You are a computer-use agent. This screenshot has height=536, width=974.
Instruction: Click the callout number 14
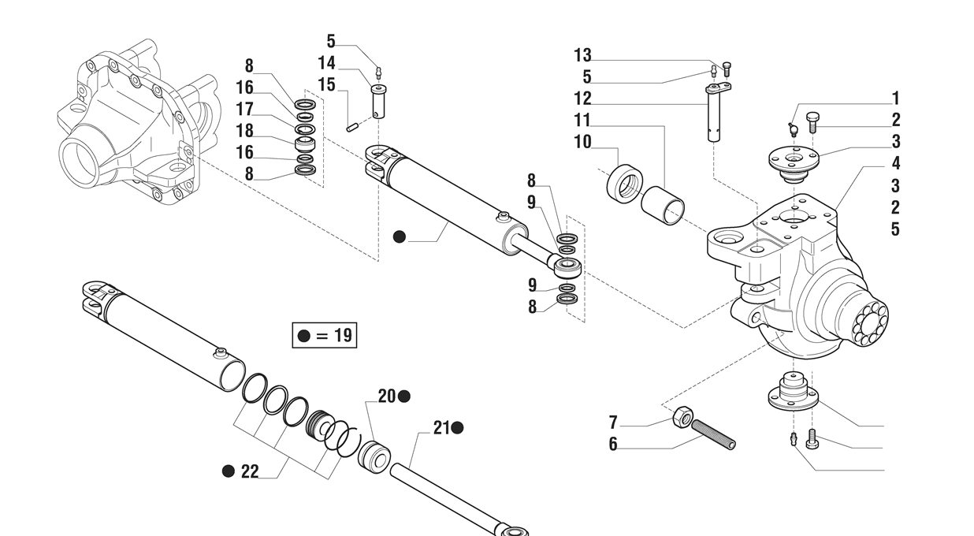pyautogui.click(x=326, y=63)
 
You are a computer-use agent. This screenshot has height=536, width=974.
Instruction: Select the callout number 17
pyautogui.click(x=245, y=109)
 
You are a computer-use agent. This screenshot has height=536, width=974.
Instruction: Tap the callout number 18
pyautogui.click(x=245, y=131)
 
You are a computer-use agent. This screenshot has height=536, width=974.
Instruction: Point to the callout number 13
pyautogui.click(x=582, y=55)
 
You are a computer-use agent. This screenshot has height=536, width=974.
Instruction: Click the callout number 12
pyautogui.click(x=582, y=99)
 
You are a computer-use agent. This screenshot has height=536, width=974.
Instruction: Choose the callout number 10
pyautogui.click(x=582, y=142)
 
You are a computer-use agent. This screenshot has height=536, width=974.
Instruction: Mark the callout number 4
pyautogui.click(x=896, y=164)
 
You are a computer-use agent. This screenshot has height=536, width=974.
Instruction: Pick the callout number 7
pyautogui.click(x=612, y=423)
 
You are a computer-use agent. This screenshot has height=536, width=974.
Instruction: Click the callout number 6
pyautogui.click(x=612, y=445)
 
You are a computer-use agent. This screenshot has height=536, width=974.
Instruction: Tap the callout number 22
pyautogui.click(x=250, y=471)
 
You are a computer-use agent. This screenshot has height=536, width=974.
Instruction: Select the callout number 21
pyautogui.click(x=441, y=428)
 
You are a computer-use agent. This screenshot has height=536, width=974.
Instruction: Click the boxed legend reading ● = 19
pyautogui.click(x=324, y=335)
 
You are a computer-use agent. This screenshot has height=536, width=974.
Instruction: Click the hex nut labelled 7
pyautogui.click(x=682, y=416)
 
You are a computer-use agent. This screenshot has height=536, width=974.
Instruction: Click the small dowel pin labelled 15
pyautogui.click(x=351, y=124)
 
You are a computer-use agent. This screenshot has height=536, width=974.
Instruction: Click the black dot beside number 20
pyautogui.click(x=404, y=396)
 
